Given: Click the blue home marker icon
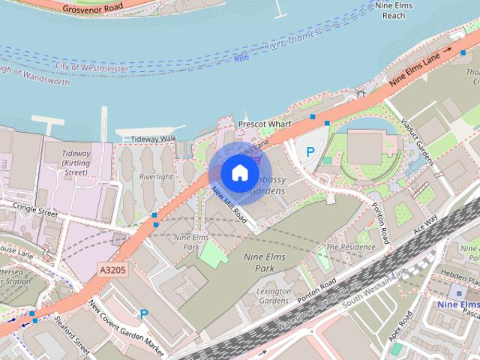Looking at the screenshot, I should click(x=238, y=172).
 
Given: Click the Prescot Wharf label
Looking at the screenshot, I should click(x=263, y=123).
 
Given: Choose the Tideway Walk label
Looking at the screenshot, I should click(x=152, y=139).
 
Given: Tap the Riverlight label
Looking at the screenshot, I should click(x=156, y=177).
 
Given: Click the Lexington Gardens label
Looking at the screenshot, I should click(x=273, y=295).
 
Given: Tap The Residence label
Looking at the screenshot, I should click(x=352, y=247).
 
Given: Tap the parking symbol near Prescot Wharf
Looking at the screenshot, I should click(x=310, y=151).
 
